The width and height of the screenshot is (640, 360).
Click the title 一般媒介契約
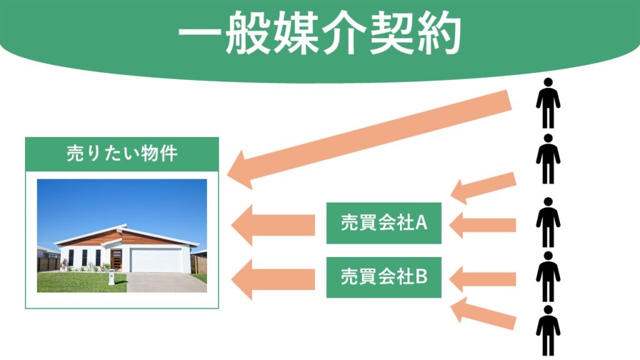click(320, 34)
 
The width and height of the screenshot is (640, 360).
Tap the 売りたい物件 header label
click(122, 154)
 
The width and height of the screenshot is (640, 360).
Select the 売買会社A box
click(384, 223)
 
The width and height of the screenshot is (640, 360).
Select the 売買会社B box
click(384, 277)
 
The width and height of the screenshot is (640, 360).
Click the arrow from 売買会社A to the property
click(273, 225)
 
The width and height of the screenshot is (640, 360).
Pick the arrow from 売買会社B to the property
click(273, 279)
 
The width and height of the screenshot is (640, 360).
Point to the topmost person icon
click(547, 103)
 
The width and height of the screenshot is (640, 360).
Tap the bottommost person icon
click(547, 331)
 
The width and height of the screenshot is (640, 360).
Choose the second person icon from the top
click(547, 159)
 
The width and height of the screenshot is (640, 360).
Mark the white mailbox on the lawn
click(111, 277)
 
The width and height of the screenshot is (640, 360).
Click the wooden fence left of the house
click(49, 264)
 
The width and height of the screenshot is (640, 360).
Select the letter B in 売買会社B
click(421, 277)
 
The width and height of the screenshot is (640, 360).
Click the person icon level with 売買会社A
click(547, 222)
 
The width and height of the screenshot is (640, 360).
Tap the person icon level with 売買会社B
click(547, 276)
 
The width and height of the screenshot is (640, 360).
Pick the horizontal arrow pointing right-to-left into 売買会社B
click(482, 279)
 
